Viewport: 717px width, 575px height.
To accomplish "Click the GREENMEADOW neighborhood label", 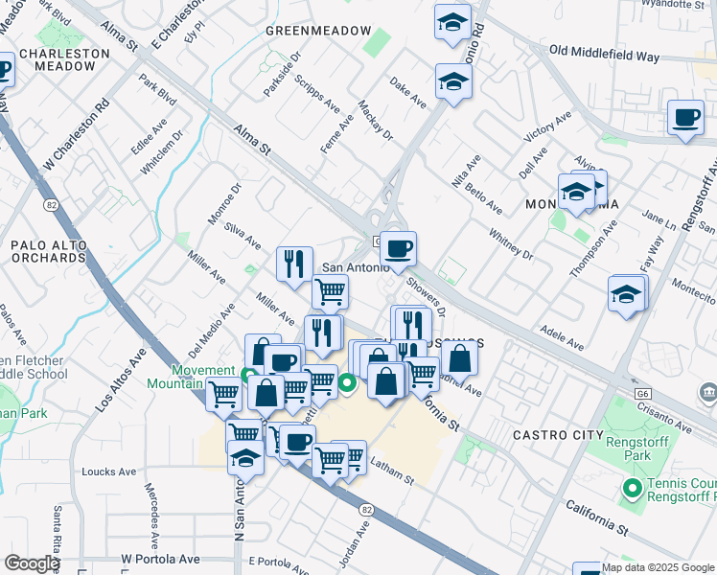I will point(318,32).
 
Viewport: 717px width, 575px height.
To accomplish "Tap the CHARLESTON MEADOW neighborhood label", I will point(64,59).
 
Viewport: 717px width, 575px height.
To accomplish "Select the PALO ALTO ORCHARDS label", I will point(49,251).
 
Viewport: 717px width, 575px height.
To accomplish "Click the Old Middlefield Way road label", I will point(603,55).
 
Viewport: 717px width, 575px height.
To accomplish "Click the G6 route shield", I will point(641,393).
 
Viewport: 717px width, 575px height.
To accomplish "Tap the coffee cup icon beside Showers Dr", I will point(398,249).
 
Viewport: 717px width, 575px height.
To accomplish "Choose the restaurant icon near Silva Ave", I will point(295,264).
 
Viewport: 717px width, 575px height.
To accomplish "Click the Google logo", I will point(32,563).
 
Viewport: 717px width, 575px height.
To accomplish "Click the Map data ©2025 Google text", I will point(659,566).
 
